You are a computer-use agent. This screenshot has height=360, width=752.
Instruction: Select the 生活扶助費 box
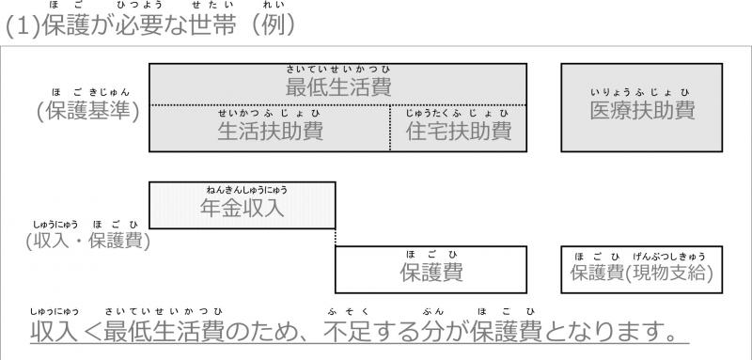pyautogui.click(x=270, y=130)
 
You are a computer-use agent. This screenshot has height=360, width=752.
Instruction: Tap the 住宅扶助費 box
pyautogui.click(x=459, y=130)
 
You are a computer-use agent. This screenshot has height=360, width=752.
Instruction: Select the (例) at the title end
pyautogui.click(x=273, y=29)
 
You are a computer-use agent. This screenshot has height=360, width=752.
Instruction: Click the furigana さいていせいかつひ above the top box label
pyautogui.click(x=338, y=70)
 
